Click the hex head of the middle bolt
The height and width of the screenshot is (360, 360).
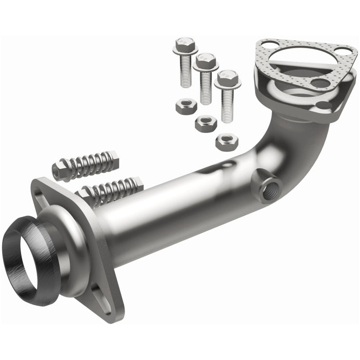205,60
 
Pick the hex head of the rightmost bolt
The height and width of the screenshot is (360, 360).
227,79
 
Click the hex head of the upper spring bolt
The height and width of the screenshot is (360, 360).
61,170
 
